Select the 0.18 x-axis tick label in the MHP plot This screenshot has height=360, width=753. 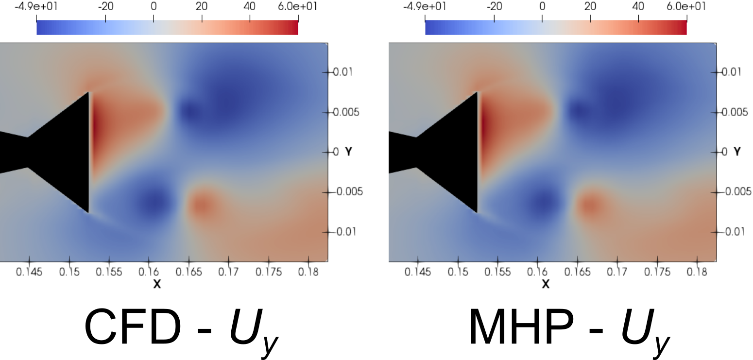coord(697,272)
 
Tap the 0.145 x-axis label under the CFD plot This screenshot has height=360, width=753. coord(29,272)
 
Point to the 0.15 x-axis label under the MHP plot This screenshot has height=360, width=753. coord(458,272)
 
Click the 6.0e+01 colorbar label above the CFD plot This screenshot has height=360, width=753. coord(298,7)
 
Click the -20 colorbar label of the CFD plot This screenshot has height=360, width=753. coord(105,7)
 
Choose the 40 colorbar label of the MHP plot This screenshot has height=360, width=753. coord(638,7)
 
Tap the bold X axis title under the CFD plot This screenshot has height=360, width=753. coord(157,284)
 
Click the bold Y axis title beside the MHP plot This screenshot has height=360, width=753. coord(737,152)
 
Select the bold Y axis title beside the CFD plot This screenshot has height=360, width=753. coord(349,152)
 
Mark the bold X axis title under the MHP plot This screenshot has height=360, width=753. coord(546,284)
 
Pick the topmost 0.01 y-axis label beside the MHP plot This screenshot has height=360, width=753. coord(733,72)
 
